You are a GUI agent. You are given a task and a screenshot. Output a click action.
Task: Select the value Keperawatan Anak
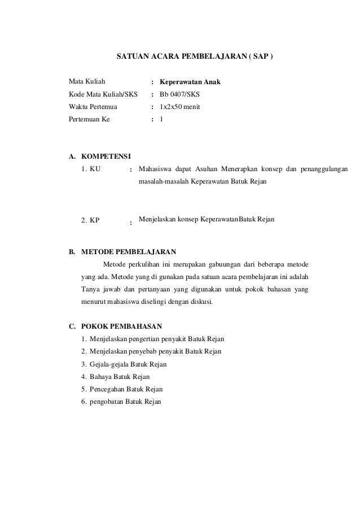tap(190, 82)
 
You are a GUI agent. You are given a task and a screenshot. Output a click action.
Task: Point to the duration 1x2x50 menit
tap(180, 107)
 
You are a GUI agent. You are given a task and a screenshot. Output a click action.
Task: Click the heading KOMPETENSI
tap(106, 156)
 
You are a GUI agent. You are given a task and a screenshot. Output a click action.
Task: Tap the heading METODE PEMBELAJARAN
tap(129, 251)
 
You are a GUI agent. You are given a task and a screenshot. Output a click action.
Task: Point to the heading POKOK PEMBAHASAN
tap(122, 326)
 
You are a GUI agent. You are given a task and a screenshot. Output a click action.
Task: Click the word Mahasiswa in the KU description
tap(156, 169)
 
